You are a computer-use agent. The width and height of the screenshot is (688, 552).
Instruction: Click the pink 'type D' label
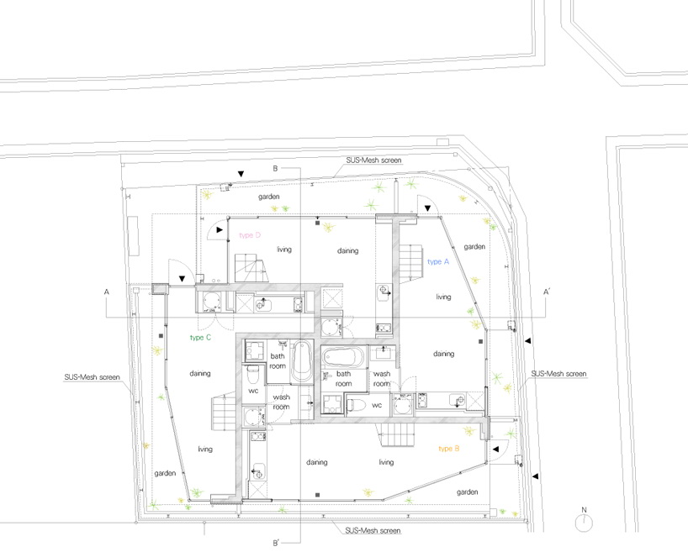tap(250, 235)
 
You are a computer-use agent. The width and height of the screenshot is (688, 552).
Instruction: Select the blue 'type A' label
tap(438, 262)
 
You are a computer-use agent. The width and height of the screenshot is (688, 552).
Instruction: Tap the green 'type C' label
tap(200, 337)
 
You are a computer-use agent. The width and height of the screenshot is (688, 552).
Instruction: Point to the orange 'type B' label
tap(449, 449)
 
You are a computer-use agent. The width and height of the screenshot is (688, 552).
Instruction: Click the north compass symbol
tap(584, 521)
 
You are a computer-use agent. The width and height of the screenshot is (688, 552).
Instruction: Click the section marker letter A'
tap(547, 292)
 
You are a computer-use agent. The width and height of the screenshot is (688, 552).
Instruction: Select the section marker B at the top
tap(275, 168)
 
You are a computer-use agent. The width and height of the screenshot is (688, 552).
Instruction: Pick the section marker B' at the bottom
tap(276, 543)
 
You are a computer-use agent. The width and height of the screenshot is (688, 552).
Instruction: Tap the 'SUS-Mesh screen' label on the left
tap(93, 377)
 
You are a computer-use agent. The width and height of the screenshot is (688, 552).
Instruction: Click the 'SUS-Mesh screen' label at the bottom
tap(373, 530)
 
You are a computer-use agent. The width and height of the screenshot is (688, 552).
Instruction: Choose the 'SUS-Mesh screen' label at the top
tap(373, 160)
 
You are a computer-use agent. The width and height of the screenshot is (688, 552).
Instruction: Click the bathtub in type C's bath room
tap(301, 361)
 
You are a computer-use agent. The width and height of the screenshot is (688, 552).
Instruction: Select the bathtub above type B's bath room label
tap(344, 357)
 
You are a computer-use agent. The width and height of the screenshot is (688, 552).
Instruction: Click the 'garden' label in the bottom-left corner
tap(165, 474)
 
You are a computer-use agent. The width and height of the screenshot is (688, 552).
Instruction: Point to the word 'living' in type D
tap(284, 250)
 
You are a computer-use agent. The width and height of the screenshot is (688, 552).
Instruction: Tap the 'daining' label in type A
tap(443, 354)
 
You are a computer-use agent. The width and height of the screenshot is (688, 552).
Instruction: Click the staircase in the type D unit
tap(251, 267)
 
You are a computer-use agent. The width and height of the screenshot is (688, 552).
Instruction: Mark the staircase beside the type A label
tap(410, 261)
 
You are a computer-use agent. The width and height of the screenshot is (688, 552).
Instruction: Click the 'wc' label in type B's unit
tap(377, 405)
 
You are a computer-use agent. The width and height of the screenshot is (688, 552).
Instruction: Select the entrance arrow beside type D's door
tap(220, 229)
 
